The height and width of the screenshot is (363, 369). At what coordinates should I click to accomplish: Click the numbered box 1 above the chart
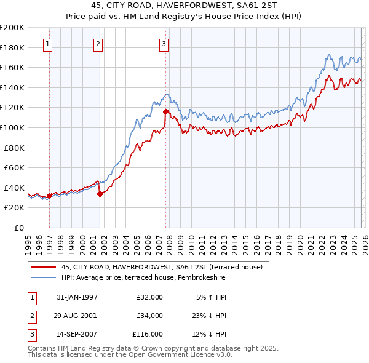(48, 43)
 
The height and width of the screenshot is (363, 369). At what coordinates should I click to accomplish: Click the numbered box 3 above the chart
(164, 43)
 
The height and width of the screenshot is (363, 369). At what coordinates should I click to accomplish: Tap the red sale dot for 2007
(165, 111)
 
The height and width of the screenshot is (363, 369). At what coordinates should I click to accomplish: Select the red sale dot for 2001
(100, 194)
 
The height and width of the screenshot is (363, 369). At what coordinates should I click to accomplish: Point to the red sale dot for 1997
(49, 196)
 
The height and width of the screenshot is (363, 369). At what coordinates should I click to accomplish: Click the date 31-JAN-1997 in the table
(76, 297)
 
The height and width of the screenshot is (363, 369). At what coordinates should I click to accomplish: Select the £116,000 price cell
(148, 334)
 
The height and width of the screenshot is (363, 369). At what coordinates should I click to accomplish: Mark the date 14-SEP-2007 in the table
(76, 334)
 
